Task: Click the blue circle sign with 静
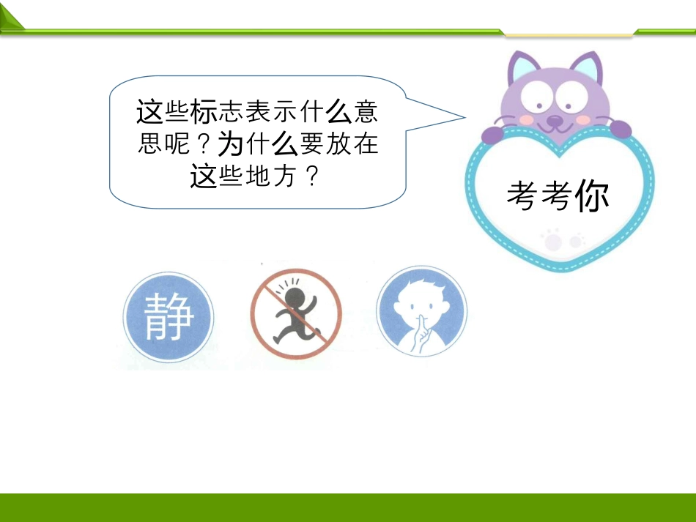[x=169, y=317]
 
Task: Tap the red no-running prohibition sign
[x=296, y=313]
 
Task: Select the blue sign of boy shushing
[x=422, y=311]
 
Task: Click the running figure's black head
[x=293, y=297]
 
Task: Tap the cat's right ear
[x=588, y=67]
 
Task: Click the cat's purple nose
[x=555, y=120]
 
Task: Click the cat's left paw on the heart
[x=493, y=135]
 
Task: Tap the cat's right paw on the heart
[x=621, y=129]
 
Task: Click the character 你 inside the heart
[x=592, y=195]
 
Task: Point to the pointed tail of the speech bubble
[x=464, y=118]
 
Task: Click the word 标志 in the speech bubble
[x=217, y=111]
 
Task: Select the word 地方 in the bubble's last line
[x=271, y=176]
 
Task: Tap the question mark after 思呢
[x=203, y=143]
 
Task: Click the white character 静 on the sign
[x=169, y=317]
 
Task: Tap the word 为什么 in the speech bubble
[x=257, y=143]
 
